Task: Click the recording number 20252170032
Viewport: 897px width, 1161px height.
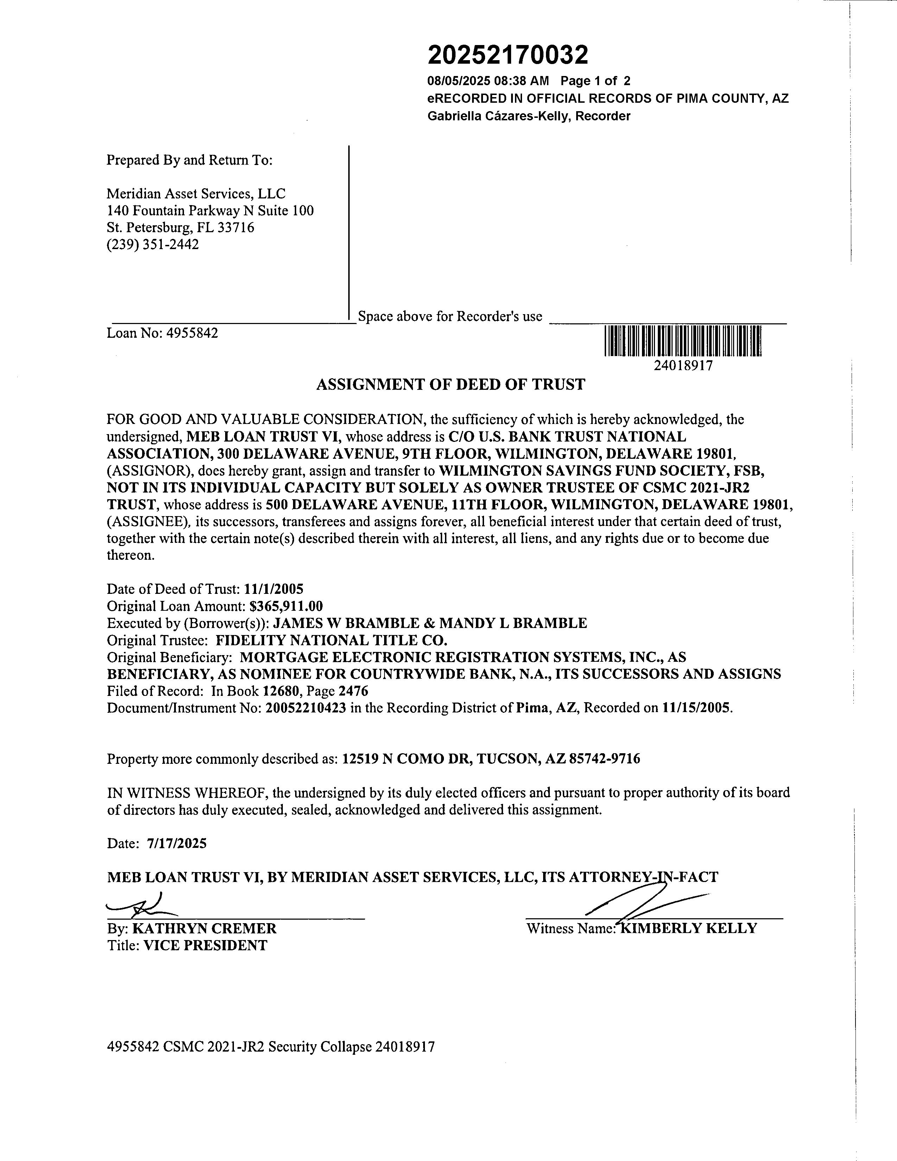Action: (x=508, y=55)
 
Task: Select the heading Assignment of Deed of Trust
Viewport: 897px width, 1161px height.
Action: (x=451, y=384)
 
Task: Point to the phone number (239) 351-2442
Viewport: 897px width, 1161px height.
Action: (x=153, y=245)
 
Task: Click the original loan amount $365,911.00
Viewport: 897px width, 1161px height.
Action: (x=286, y=606)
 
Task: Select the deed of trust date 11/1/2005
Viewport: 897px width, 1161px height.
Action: (x=274, y=589)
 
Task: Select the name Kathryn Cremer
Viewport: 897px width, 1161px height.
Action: (x=204, y=929)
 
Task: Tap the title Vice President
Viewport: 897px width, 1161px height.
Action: (x=205, y=946)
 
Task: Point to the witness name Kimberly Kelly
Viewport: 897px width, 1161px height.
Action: (x=689, y=929)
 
